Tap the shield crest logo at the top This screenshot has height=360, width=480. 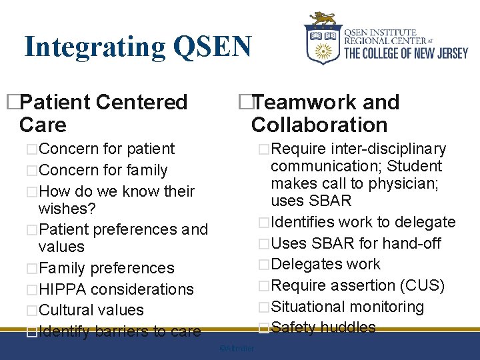323,39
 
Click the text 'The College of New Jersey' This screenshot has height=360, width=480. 405,53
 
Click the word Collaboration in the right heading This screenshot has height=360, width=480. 319,125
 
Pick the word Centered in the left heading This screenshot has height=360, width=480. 141,103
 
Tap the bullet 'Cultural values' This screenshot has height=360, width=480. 91,310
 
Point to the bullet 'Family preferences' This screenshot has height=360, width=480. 106,268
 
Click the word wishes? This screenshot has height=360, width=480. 67,209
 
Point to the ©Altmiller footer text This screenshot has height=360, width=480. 237,349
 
